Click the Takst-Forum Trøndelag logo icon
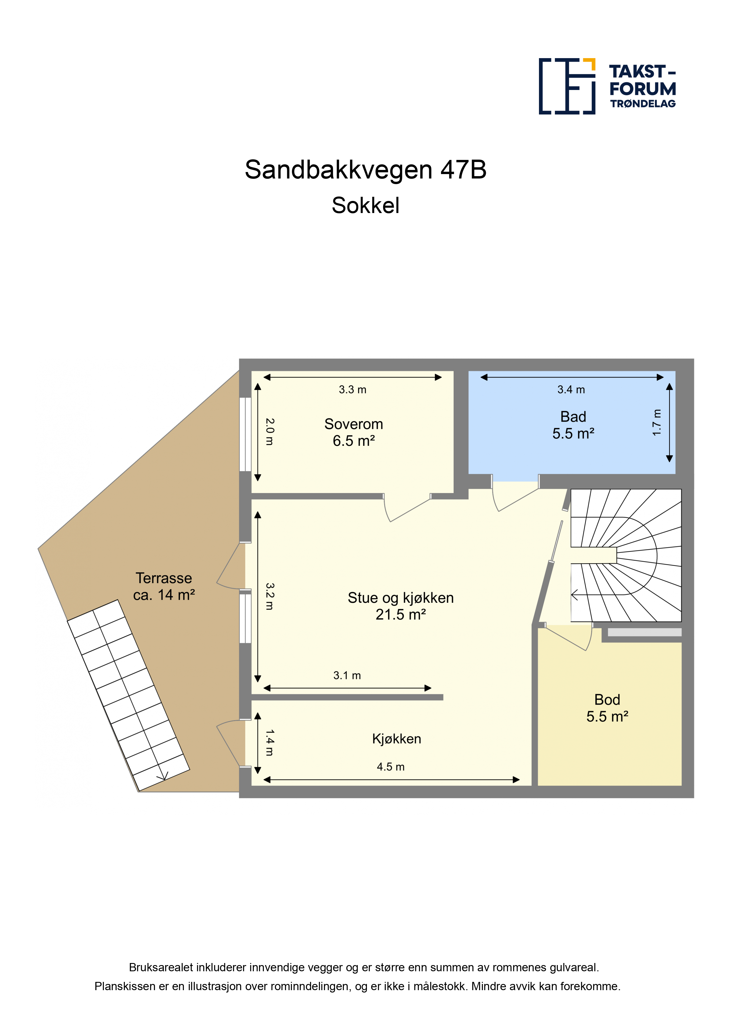coord(567,86)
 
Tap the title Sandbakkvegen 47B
coord(366,169)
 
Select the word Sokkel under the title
coord(366,206)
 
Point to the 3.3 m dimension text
coord(353,389)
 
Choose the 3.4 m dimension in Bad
coord(571,389)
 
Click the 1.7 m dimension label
coord(657,422)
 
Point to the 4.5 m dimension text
coord(390,767)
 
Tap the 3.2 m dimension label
coord(269,596)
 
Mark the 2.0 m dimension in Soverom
coord(269,432)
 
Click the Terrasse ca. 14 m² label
coord(164,586)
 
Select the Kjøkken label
coord(396,739)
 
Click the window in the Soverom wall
coord(245,434)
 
